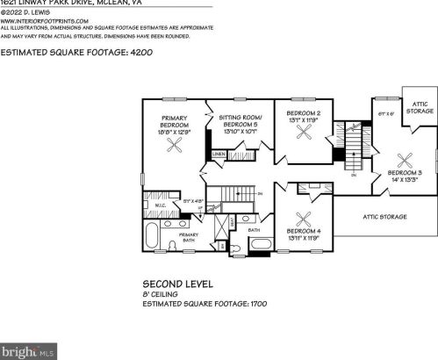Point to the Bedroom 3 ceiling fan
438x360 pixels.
[x=406, y=160]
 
